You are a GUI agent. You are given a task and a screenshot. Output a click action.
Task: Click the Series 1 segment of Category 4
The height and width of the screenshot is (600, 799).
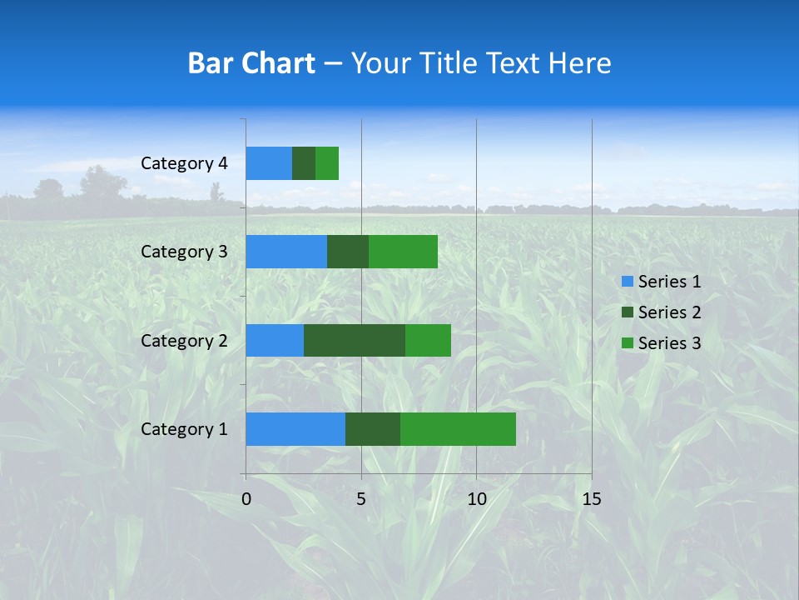269,163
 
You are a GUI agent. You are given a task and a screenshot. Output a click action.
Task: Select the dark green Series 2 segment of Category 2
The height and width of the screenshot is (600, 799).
355,340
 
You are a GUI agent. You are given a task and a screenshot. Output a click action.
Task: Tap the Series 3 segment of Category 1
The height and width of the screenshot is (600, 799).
458,429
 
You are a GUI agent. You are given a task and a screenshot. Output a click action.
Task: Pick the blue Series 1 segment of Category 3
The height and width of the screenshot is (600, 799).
286,252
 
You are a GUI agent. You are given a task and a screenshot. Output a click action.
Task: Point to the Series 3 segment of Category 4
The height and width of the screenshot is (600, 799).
327,163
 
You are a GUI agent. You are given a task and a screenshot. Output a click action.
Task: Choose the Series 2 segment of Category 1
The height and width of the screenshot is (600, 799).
373,429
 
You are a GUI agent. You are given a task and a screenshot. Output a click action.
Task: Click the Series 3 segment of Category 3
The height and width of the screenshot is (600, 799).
403,252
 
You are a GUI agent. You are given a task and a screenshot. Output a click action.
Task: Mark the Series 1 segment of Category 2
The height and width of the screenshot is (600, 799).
275,340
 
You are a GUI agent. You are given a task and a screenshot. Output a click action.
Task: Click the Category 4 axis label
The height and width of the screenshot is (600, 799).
184,163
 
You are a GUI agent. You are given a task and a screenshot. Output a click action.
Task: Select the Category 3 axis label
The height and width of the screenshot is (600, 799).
184,252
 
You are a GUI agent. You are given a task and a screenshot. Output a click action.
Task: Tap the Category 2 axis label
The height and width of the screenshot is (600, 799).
184,340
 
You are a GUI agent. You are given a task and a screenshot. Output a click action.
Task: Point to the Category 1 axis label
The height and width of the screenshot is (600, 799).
184,429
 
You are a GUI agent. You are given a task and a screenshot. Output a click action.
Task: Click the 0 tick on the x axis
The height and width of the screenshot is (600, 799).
246,499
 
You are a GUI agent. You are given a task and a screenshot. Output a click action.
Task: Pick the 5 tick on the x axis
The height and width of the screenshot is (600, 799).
361,499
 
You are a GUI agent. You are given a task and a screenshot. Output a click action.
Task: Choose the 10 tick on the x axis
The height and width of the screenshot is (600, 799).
476,499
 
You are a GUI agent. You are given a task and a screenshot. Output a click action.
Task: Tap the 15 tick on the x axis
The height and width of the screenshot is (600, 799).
591,499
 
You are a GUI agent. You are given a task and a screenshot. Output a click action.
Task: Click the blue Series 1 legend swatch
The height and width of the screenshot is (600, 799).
627,282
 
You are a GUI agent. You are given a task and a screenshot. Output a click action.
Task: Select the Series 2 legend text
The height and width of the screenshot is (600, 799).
669,312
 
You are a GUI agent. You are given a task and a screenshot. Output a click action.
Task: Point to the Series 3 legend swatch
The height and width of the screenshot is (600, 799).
627,343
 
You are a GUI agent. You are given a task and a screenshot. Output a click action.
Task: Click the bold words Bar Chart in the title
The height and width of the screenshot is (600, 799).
251,63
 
